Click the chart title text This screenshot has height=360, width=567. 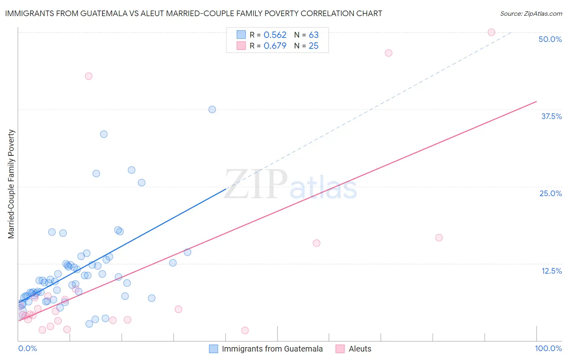(194, 13)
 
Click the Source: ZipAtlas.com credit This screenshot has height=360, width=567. (531, 13)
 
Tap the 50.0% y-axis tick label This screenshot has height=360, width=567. (550, 39)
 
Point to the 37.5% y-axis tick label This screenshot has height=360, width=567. (551, 116)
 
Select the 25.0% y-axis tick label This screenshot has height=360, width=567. (550, 193)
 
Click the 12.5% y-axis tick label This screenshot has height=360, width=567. (551, 271)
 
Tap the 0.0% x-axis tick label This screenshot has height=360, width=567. (27, 348)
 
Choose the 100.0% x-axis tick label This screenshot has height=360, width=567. (548, 348)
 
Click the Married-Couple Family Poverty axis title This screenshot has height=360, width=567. (11, 184)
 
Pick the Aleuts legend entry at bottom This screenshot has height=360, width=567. (360, 349)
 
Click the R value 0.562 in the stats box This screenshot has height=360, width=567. (275, 35)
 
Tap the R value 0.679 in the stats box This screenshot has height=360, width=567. (275, 46)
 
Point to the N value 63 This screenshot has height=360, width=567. (314, 35)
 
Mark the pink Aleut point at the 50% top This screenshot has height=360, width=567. (491, 32)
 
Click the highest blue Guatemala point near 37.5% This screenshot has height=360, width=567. (212, 109)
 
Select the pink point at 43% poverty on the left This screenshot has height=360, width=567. (89, 76)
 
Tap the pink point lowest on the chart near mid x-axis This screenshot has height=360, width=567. (245, 331)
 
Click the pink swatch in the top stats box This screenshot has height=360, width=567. (241, 46)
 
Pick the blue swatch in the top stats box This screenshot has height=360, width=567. (241, 35)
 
